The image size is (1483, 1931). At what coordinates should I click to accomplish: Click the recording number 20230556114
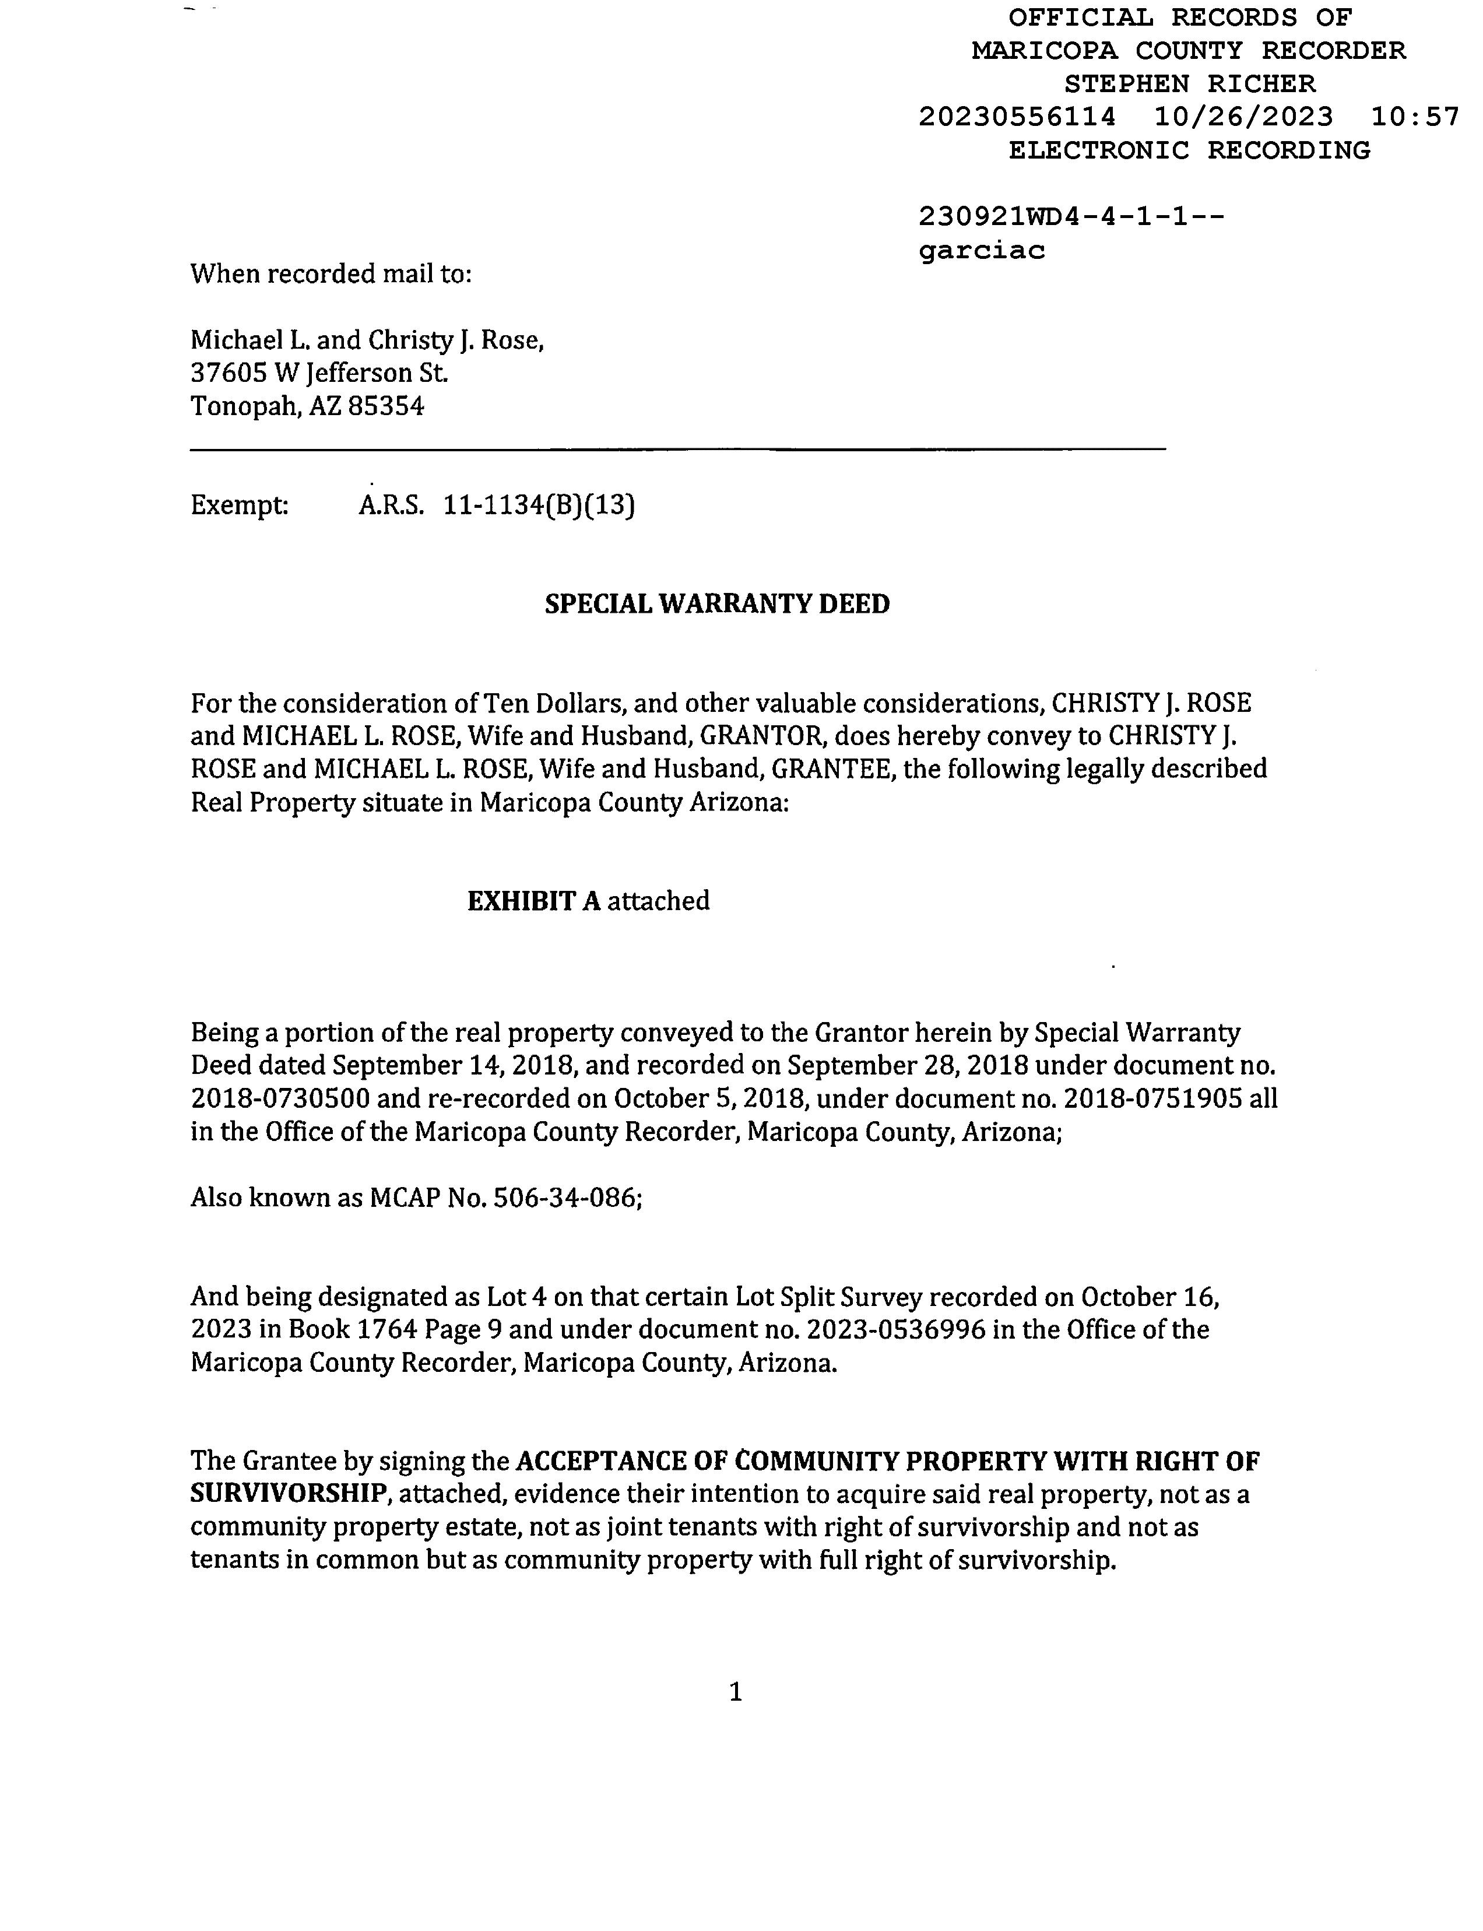(x=1017, y=117)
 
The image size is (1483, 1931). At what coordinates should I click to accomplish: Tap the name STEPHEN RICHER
(x=1189, y=84)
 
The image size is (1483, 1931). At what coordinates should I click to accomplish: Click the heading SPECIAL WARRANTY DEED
(x=717, y=604)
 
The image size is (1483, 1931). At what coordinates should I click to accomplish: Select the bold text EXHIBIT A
(x=533, y=901)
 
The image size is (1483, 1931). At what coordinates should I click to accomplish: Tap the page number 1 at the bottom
(x=735, y=1692)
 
